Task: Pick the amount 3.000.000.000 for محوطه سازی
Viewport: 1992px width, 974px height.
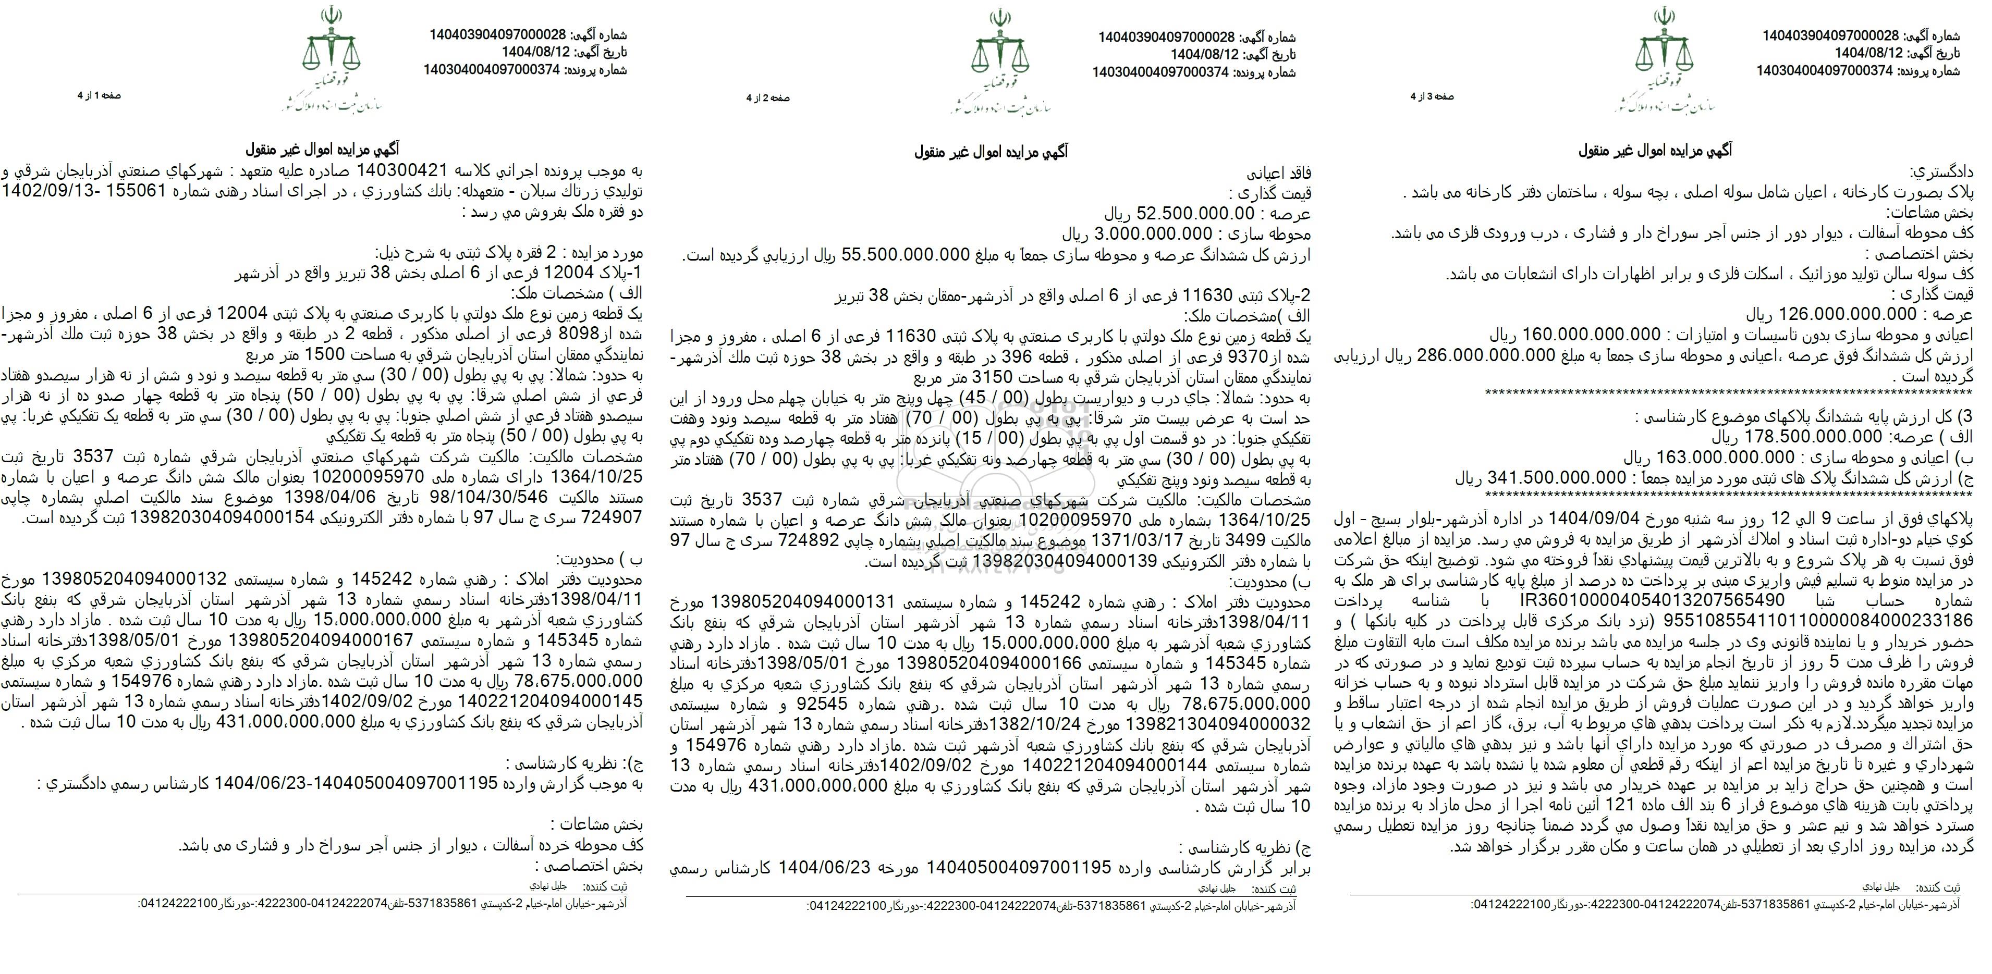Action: coord(1147,234)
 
